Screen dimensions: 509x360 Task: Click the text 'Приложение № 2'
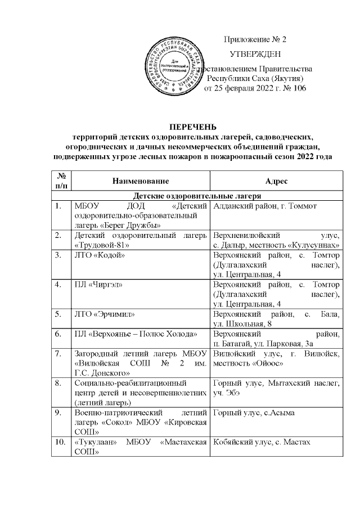pyautogui.click(x=255, y=40)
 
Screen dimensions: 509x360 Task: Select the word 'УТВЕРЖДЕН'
pyautogui.click(x=255, y=54)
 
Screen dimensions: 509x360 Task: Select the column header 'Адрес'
pyautogui.click(x=276, y=181)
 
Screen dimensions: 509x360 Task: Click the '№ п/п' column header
pyautogui.click(x=61, y=181)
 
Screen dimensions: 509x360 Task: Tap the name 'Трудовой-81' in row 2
pyautogui.click(x=103, y=246)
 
